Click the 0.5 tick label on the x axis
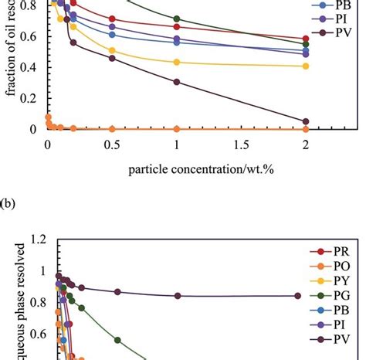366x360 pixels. pos(112,144)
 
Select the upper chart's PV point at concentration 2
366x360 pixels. pos(306,121)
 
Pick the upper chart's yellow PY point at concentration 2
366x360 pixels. pos(306,66)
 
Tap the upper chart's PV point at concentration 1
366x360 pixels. pos(177,82)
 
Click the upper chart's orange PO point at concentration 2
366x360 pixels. pos(306,129)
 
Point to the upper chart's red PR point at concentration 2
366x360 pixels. pos(306,39)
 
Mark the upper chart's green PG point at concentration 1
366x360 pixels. pos(177,19)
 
